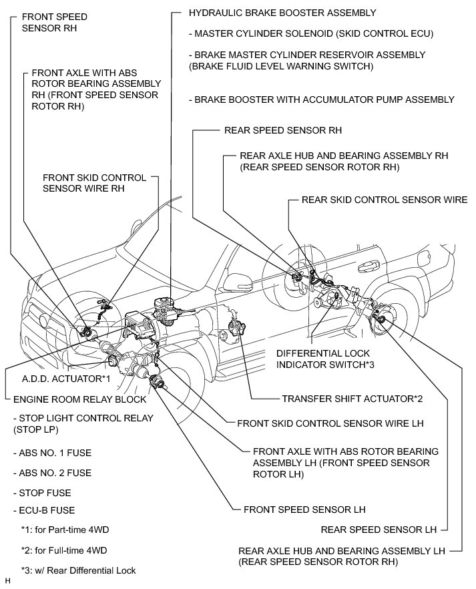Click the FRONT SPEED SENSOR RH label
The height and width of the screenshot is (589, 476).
(x=55, y=22)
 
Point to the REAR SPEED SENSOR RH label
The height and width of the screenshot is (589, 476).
(x=283, y=130)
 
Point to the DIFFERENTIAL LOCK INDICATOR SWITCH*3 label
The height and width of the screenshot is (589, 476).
(x=324, y=359)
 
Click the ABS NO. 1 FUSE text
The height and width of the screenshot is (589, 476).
(x=52, y=453)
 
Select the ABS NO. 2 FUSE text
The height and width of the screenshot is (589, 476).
(x=52, y=473)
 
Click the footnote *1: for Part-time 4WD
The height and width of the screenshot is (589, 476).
(x=65, y=530)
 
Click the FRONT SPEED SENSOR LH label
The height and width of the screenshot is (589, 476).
(x=304, y=510)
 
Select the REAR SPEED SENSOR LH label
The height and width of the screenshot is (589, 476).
(x=379, y=530)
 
